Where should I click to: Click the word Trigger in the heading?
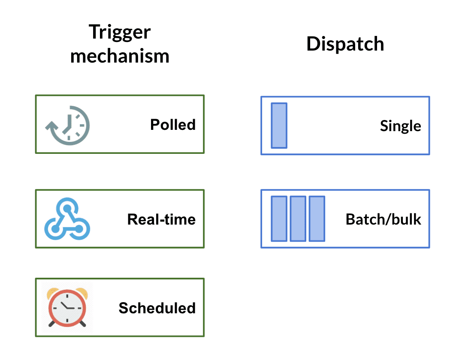tap(120, 32)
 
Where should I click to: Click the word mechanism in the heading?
tap(120, 56)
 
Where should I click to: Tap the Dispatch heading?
tap(345, 44)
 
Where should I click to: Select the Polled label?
tap(173, 125)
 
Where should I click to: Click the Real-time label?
tap(161, 219)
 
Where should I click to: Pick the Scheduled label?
tap(157, 308)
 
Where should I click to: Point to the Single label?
tap(400, 126)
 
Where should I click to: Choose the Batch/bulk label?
tap(383, 219)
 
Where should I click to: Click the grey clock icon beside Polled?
tap(68, 124)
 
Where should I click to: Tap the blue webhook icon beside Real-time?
tap(67, 219)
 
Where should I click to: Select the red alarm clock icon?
tap(67, 307)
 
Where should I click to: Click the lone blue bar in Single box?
tap(279, 126)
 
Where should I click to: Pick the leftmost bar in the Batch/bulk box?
tap(279, 219)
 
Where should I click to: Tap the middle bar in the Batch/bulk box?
tap(298, 219)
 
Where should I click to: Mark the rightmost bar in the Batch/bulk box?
tap(317, 219)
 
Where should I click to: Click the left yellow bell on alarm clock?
tap(53, 292)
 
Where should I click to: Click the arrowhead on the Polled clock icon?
tap(51, 127)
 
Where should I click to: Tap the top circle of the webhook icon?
tap(67, 209)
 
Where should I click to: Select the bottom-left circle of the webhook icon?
tap(55, 229)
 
